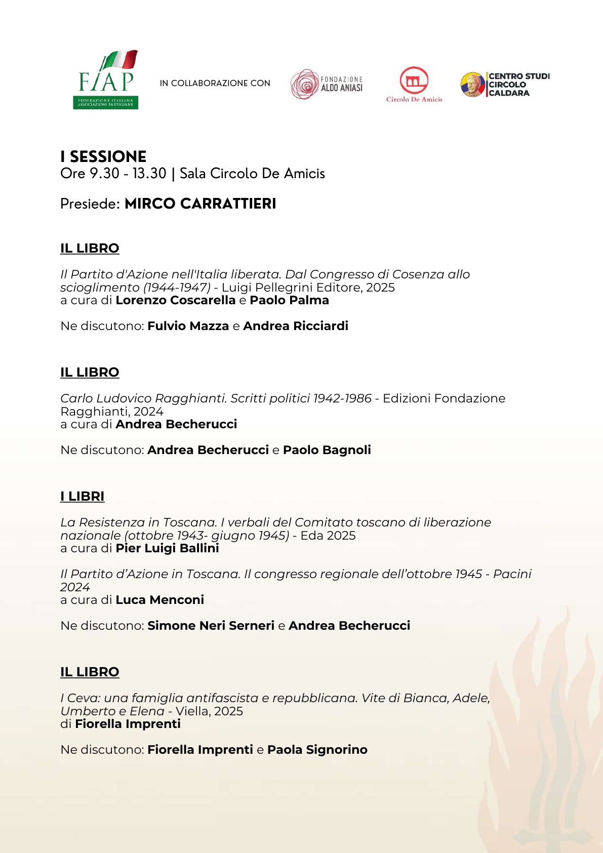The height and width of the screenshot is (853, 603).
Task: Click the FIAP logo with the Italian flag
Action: tap(106, 79)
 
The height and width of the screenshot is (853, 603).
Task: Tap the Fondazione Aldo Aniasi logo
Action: tap(327, 84)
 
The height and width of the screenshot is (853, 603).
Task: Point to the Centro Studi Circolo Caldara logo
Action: tap(505, 85)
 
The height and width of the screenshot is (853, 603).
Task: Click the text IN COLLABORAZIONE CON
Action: tap(215, 83)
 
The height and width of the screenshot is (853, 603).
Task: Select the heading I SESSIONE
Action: tap(103, 156)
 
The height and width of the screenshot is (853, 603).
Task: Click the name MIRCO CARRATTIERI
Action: tap(200, 204)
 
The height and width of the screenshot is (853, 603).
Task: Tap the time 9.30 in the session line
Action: tap(104, 174)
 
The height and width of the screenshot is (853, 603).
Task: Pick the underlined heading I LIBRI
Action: tap(82, 496)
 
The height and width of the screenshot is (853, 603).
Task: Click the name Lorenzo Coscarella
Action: tap(176, 300)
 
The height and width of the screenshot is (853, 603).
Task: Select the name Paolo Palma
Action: tap(289, 300)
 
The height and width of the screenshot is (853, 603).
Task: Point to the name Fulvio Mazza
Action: tap(188, 326)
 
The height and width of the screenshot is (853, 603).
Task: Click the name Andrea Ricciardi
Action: tap(296, 326)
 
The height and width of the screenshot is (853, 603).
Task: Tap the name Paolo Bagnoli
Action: tap(327, 450)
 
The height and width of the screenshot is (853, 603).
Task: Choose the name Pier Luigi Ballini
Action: tap(167, 548)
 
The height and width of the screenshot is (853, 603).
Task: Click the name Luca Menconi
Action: tap(159, 600)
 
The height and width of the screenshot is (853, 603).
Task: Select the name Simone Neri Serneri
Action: tap(211, 626)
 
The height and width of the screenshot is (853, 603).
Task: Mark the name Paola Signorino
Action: tap(317, 750)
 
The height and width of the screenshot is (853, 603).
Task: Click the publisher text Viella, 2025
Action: tap(209, 711)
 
